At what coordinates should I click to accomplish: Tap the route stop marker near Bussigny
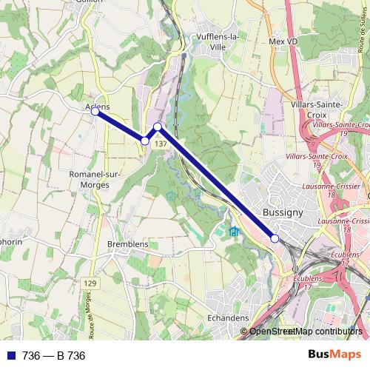[x=275, y=238]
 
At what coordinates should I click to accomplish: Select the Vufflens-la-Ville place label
[x=213, y=41]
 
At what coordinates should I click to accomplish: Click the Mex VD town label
[x=282, y=42]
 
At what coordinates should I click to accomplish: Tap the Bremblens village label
[x=128, y=244]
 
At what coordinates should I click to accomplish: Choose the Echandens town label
[x=227, y=317]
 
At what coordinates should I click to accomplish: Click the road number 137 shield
[x=161, y=144]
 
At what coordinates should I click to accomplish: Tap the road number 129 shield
[x=90, y=284]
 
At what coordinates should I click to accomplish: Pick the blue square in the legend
[x=9, y=355]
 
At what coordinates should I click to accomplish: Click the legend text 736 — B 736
[x=54, y=355]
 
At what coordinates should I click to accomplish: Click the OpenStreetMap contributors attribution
[x=305, y=332]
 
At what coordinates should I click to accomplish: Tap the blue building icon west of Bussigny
[x=235, y=232]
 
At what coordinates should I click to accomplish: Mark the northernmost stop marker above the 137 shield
[x=158, y=127]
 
